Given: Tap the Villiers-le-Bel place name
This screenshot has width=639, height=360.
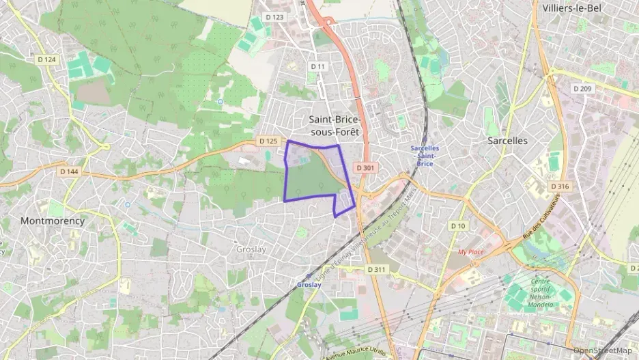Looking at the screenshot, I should coord(573,8).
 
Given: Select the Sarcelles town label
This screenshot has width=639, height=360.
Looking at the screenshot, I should coord(507,140).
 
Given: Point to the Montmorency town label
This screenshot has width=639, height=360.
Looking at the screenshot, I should coord(53,221).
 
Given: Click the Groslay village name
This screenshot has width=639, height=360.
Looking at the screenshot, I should coord(251,249).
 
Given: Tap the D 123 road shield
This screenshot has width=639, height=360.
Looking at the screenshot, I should coord(274,16).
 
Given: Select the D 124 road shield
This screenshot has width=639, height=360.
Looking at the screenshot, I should coord(46,60).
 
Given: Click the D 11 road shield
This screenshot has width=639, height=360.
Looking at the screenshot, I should coord(318,66).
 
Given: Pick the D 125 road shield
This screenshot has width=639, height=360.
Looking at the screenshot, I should coord(268,141).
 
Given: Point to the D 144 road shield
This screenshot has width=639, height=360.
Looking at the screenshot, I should coord(68,171).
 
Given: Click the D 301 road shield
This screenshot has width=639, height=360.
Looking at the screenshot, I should coord(365,167).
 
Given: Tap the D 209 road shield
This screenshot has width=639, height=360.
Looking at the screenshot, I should coord(582,88).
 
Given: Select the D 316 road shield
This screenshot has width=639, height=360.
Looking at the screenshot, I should coord(559,186).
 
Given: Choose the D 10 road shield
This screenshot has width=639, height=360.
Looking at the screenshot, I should coord(457,225).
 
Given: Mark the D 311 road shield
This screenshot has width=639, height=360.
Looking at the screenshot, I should coord(376,270).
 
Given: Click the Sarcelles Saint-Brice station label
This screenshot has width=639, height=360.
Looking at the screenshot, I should coord(425,156).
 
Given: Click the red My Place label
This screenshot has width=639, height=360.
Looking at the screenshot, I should coord(470,251).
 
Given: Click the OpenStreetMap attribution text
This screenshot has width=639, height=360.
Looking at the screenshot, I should coord(603,350).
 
